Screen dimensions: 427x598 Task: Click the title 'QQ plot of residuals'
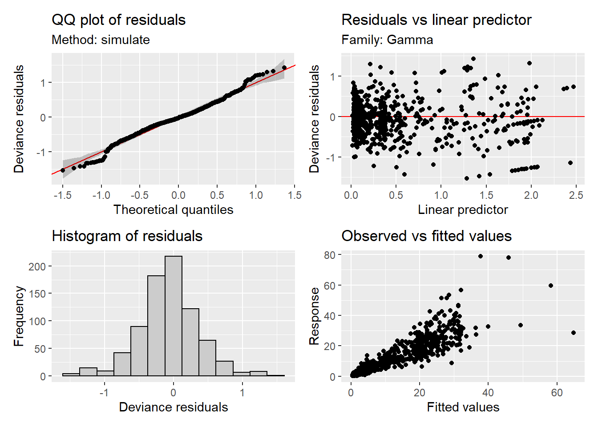point(118,20)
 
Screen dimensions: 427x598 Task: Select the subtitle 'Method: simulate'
point(101,40)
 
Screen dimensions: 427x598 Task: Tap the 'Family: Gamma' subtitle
point(387,40)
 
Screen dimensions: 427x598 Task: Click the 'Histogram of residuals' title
point(127,236)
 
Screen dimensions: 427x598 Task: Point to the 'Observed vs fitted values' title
point(426,236)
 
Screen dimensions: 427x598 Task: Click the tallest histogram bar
point(173,316)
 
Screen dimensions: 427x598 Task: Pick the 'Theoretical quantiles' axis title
point(173,209)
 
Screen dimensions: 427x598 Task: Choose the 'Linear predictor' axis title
point(463,209)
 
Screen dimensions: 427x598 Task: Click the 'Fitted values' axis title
point(463,407)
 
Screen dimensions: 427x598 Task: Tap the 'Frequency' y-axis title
point(19,316)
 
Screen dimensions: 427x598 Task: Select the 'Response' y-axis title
point(314,316)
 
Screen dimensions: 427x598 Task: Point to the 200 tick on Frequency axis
point(37,266)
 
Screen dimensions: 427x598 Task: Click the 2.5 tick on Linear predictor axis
point(576,195)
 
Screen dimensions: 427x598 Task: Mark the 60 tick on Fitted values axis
point(557,393)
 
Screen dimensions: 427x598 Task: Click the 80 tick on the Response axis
point(330,255)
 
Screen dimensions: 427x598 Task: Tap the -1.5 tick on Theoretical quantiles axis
point(63,195)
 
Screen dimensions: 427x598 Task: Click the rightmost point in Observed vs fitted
point(574,333)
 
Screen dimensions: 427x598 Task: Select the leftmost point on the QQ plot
point(63,170)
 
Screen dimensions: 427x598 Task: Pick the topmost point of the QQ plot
point(284,68)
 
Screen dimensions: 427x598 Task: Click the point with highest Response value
point(481,256)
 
